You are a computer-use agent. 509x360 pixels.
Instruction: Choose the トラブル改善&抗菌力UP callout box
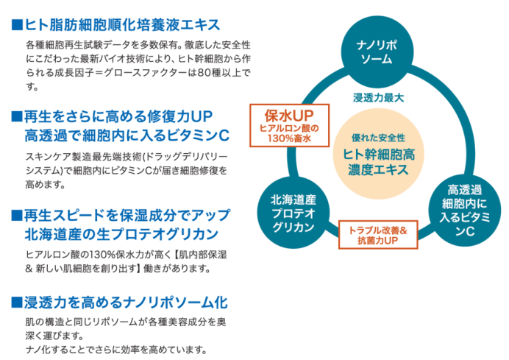point(377,235)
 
